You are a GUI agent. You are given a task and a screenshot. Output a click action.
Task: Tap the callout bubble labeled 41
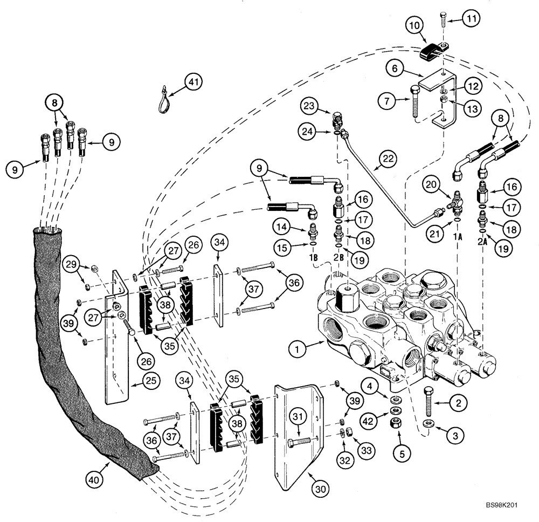pyautogui.click(x=192, y=83)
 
